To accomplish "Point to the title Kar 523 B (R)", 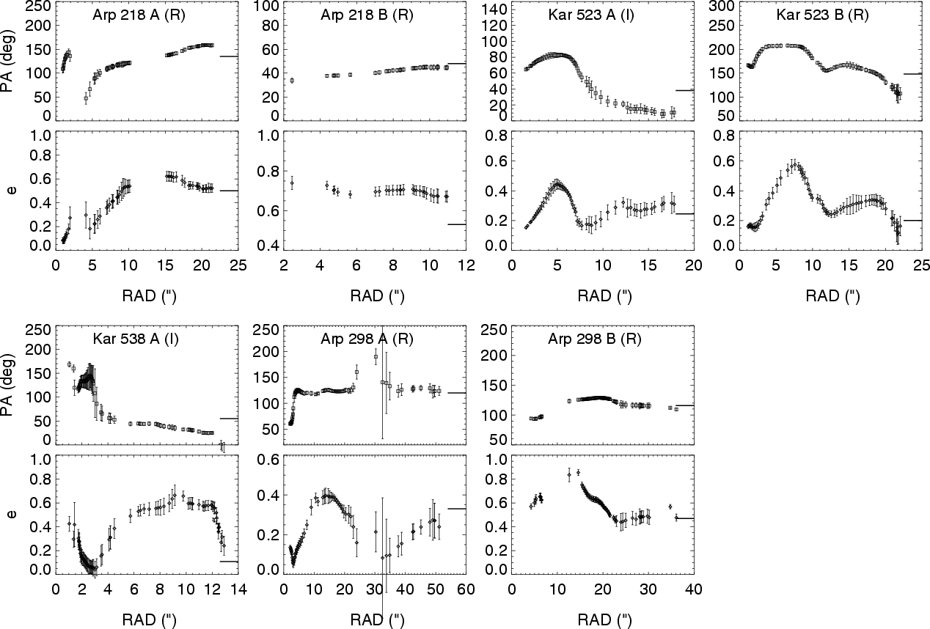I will coord(823,15).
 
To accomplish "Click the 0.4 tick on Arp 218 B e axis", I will coord(268,246).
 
